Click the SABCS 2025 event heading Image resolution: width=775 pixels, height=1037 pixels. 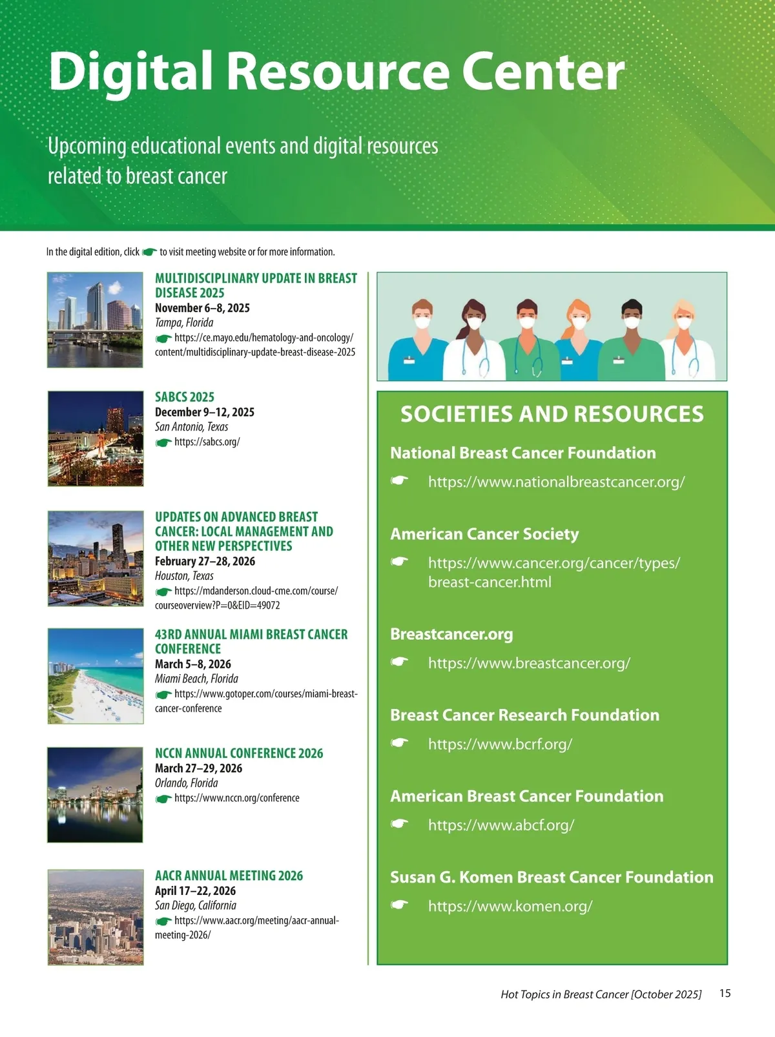185,397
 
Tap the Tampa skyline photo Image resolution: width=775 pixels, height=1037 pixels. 95,320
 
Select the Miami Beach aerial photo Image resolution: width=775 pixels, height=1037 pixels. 96,676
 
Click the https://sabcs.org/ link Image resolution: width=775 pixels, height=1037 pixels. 207,442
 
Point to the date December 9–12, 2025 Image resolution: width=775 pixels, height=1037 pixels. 205,412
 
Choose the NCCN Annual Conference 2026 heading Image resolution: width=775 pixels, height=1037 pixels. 239,753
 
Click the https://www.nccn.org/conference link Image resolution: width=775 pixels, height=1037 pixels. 236,798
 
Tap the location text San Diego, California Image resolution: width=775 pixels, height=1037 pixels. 196,905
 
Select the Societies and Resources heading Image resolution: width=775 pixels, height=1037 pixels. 552,415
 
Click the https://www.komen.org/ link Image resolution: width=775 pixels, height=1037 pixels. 510,907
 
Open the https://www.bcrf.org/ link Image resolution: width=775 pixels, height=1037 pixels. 500,744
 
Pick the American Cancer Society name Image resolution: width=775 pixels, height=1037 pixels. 484,534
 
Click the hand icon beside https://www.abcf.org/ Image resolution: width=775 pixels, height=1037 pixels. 400,824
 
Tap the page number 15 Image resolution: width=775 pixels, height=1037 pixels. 725,994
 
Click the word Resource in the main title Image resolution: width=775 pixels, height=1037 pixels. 338,71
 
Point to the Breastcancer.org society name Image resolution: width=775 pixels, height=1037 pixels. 451,634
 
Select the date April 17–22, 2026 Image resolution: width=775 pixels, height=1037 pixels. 195,890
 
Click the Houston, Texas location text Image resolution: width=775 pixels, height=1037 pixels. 184,576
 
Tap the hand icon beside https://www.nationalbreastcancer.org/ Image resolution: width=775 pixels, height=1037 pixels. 400,481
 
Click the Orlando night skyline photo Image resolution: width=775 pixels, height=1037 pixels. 96,795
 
